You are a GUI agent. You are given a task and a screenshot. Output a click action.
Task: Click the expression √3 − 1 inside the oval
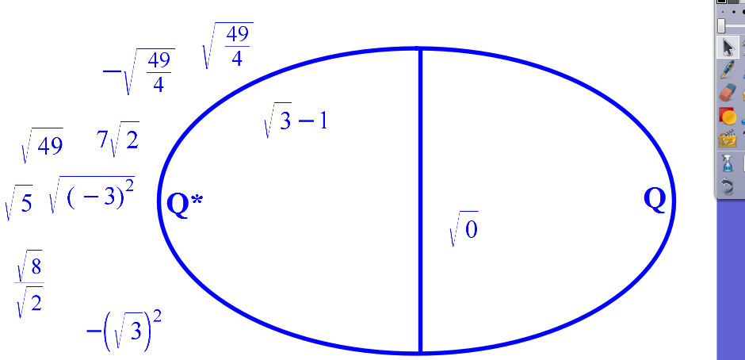click(x=295, y=120)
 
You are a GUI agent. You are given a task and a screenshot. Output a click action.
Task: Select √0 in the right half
click(x=464, y=228)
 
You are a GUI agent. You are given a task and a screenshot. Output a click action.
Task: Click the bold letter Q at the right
click(x=654, y=200)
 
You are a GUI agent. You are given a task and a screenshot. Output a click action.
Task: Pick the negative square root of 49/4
click(x=139, y=71)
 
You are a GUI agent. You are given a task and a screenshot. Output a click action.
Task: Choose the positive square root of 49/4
click(x=227, y=46)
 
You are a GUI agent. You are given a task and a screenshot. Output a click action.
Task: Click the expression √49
click(x=42, y=144)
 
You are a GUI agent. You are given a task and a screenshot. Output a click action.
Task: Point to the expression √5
click(x=18, y=202)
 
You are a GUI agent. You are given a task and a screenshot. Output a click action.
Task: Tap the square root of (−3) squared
click(x=92, y=195)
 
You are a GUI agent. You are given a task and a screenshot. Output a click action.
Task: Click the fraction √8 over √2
click(x=29, y=283)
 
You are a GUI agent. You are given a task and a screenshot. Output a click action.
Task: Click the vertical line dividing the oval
click(x=421, y=200)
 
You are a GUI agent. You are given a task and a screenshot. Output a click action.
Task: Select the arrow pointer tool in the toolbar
click(x=728, y=48)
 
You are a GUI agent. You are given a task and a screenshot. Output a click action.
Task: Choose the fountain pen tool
click(x=727, y=70)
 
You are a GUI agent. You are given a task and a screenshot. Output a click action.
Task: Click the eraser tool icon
click(x=727, y=93)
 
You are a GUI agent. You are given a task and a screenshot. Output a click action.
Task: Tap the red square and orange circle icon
click(x=727, y=116)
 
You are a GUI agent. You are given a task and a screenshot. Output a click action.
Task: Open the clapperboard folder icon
click(x=727, y=140)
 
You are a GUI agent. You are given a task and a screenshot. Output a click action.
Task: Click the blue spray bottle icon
click(x=727, y=163)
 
